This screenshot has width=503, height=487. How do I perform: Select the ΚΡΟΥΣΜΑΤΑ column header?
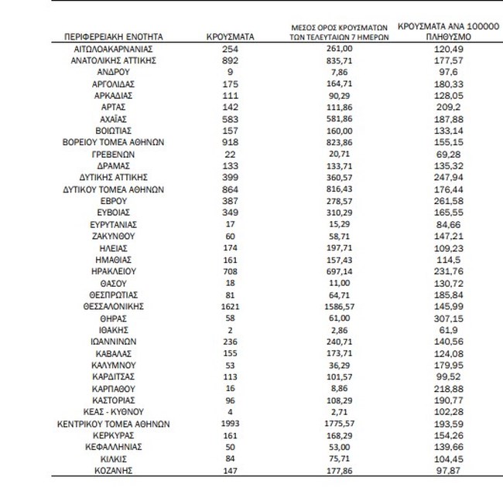click(227, 37)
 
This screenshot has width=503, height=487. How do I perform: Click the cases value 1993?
click(227, 424)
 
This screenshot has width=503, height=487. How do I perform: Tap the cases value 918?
click(227, 143)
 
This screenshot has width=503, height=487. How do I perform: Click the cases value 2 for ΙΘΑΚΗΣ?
click(227, 330)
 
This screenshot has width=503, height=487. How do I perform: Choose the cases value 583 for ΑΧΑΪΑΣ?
click(227, 119)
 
